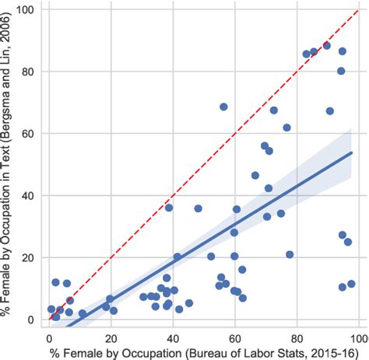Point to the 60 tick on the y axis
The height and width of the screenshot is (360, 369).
(x=30, y=133)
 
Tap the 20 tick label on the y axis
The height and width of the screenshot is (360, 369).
(x=30, y=257)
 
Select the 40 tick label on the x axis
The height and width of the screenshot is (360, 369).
(x=174, y=338)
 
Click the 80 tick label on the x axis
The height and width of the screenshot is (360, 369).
(x=297, y=338)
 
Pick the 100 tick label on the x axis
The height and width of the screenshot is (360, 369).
(x=357, y=338)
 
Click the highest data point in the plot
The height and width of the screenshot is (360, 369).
(x=326, y=46)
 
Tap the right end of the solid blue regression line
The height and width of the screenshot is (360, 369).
(x=353, y=152)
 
